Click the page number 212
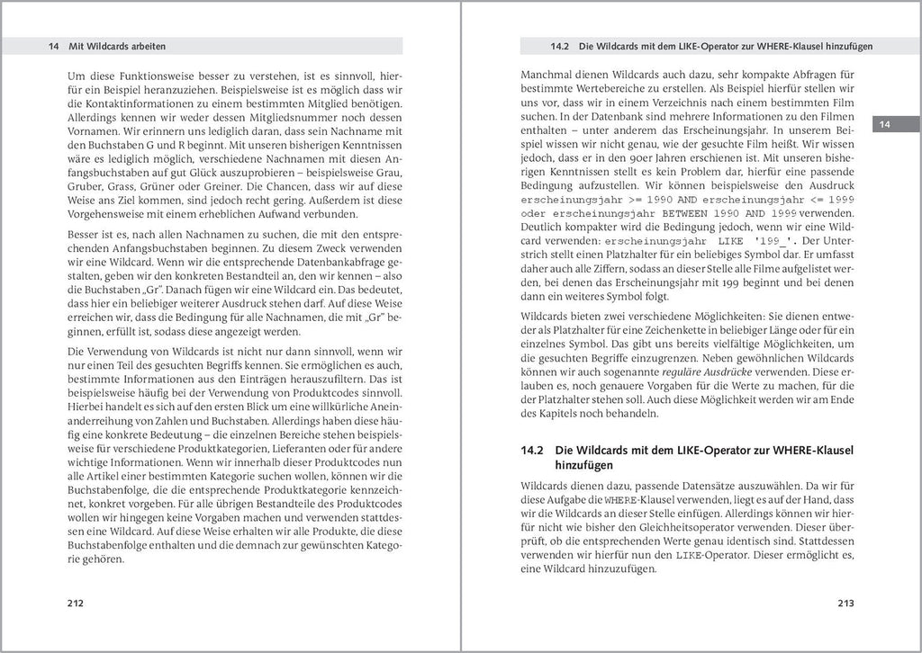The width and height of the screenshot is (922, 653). pos(76,604)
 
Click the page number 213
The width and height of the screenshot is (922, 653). pos(845,604)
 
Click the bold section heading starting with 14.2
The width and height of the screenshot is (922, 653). pos(688,457)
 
